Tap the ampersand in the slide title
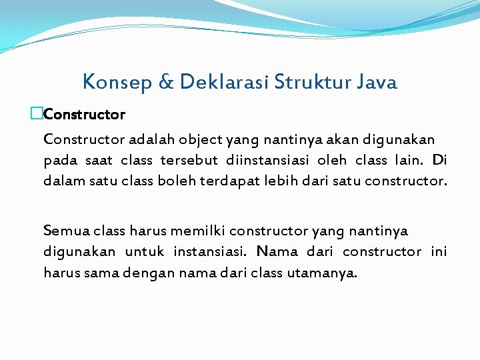(166, 82)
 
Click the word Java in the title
(377, 82)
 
